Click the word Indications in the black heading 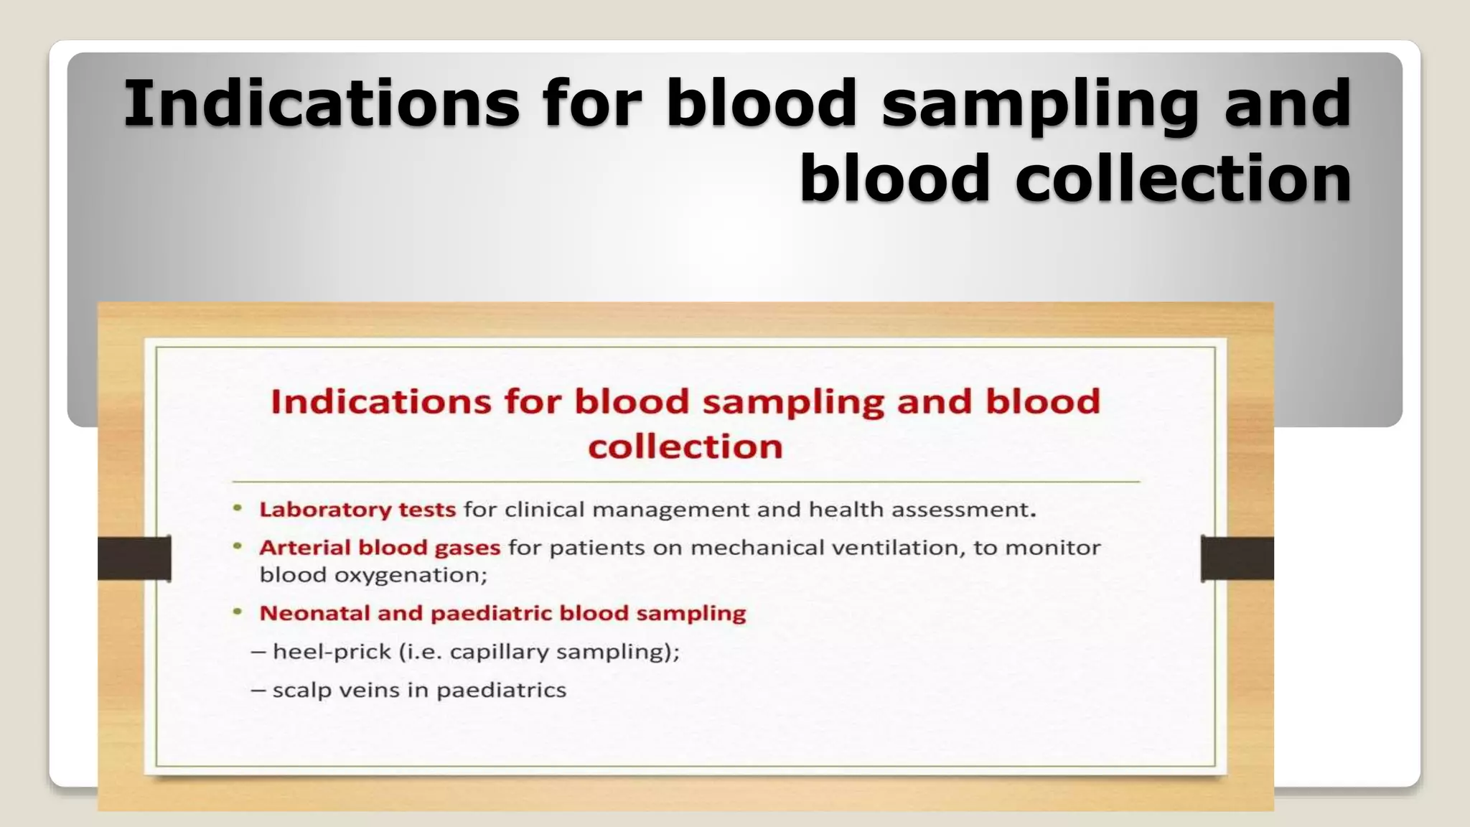pos(321,104)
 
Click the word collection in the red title pos(685,447)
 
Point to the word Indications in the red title pos(380,401)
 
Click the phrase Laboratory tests pos(357,510)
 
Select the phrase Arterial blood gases pos(379,548)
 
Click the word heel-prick pos(332,652)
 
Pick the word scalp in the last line pos(301,691)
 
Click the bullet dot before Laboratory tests pos(238,508)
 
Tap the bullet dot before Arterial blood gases pos(238,546)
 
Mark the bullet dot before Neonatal pos(238,612)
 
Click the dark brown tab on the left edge pos(134,558)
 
